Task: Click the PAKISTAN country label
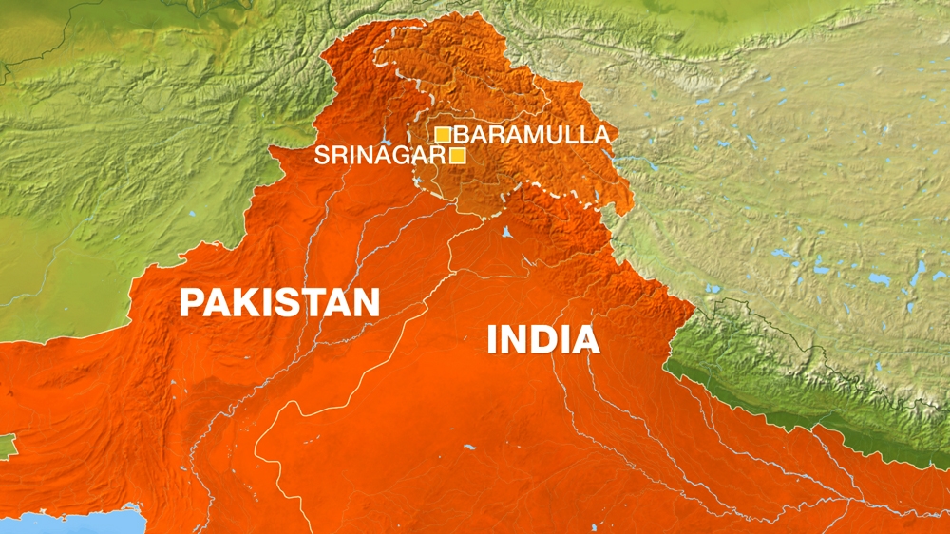[x=279, y=303]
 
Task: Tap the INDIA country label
[x=542, y=339]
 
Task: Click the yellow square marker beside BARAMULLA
[x=443, y=134]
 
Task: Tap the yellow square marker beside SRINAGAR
[x=458, y=155]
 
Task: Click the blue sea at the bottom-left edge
[x=76, y=522]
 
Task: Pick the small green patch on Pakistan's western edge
[x=7, y=445]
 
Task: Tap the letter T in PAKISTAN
[x=313, y=303]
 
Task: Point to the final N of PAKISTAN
[x=366, y=303]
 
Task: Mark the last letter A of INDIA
[x=585, y=339]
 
